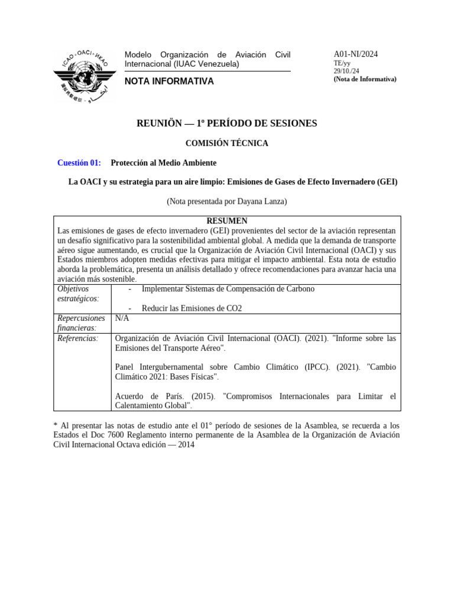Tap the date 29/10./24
pyautogui.click(x=346, y=71)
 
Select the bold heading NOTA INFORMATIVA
pyautogui.click(x=169, y=82)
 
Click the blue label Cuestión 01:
pyautogui.click(x=79, y=162)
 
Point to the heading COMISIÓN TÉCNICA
pyautogui.click(x=226, y=143)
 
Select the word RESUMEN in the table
pyautogui.click(x=227, y=220)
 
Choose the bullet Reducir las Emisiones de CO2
pyautogui.click(x=192, y=308)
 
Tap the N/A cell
pyautogui.click(x=122, y=318)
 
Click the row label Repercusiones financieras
pyautogui.click(x=81, y=323)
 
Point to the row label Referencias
pyautogui.click(x=77, y=338)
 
